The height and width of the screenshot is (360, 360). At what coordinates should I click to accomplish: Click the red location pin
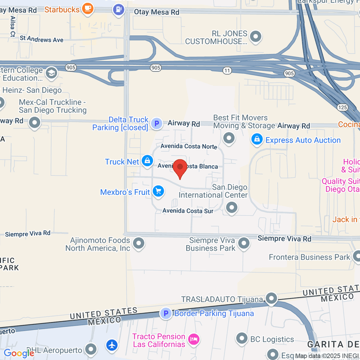(x=180, y=168)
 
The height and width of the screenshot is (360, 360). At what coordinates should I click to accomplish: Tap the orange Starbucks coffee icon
(x=87, y=8)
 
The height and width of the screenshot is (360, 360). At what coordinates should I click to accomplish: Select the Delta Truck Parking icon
(x=156, y=124)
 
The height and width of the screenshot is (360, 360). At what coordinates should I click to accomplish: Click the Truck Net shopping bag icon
(x=147, y=161)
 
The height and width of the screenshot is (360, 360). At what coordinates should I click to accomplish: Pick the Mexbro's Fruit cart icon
(x=158, y=192)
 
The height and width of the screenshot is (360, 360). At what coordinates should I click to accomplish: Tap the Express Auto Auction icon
(x=257, y=140)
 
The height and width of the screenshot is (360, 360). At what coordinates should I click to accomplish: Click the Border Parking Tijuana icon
(x=166, y=314)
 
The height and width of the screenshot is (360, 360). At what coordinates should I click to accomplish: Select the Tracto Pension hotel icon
(x=194, y=339)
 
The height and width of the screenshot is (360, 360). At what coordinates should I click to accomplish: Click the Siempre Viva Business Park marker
(x=244, y=243)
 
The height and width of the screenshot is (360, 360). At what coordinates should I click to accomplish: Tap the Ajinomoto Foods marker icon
(x=139, y=243)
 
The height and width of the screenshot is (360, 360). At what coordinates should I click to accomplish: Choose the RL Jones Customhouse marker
(x=256, y=36)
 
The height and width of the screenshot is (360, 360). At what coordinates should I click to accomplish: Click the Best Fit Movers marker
(x=229, y=139)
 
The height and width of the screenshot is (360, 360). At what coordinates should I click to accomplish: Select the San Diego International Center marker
(x=232, y=208)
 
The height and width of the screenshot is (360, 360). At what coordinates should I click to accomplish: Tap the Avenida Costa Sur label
(x=188, y=211)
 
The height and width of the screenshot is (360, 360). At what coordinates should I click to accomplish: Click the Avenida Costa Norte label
(x=189, y=146)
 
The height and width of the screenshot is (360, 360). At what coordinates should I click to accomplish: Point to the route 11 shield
(x=227, y=71)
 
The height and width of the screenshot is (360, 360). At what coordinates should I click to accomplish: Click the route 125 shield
(x=343, y=108)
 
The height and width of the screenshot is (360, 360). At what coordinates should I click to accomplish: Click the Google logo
(x=19, y=353)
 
